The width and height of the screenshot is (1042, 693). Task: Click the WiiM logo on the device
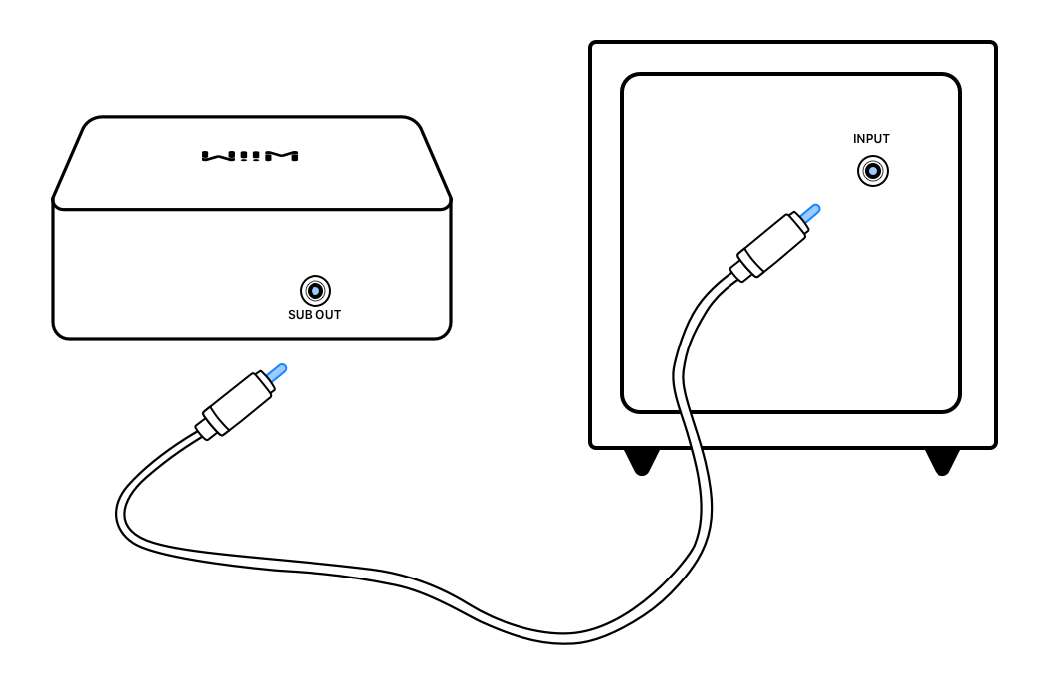pos(250,156)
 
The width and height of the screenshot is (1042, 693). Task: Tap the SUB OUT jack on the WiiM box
pos(315,291)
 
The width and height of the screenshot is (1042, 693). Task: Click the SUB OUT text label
pos(314,315)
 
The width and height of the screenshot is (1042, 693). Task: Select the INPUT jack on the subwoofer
pos(873,172)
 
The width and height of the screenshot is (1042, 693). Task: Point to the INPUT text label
pos(871,139)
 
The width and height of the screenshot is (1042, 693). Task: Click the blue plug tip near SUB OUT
pos(277,371)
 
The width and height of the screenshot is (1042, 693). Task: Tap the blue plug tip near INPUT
pos(811,211)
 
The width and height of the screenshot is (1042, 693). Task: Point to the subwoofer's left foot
pos(642,460)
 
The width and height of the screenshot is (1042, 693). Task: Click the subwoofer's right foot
pos(942,460)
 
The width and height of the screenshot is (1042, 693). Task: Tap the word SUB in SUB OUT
pos(300,315)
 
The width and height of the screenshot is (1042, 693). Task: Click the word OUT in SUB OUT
pos(328,315)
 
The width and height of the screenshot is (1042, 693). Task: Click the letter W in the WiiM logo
pos(216,156)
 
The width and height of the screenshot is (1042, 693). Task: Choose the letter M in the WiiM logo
pos(283,156)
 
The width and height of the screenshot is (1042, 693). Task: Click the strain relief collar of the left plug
pos(205,427)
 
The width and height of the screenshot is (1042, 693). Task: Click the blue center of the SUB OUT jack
pos(315,291)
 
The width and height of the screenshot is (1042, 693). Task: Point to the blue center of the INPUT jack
pos(873,172)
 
